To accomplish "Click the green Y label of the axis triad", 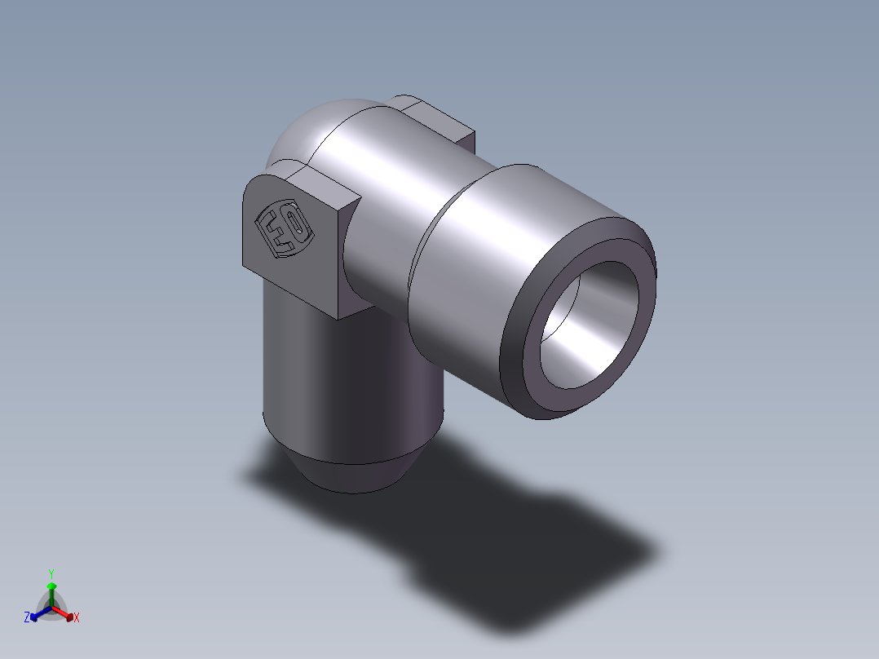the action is [51, 573].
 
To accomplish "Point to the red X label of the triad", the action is [77, 617].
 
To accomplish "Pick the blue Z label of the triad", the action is [26, 617].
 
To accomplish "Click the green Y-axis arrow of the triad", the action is [51, 595].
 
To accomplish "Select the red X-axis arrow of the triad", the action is [63, 613].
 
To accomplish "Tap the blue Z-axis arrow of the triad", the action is [41, 613].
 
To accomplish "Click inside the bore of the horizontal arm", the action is [589, 325].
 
